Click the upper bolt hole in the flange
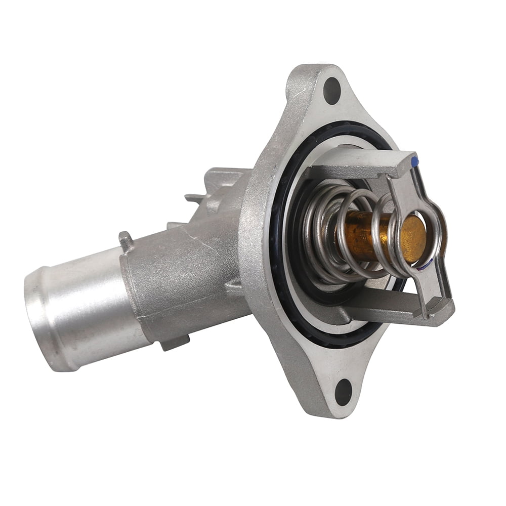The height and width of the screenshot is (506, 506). point(332,91)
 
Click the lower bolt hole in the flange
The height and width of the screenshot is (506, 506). point(343,392)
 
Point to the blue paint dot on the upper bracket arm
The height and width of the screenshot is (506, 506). point(415,161)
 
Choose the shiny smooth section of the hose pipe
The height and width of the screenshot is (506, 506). point(81,309)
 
